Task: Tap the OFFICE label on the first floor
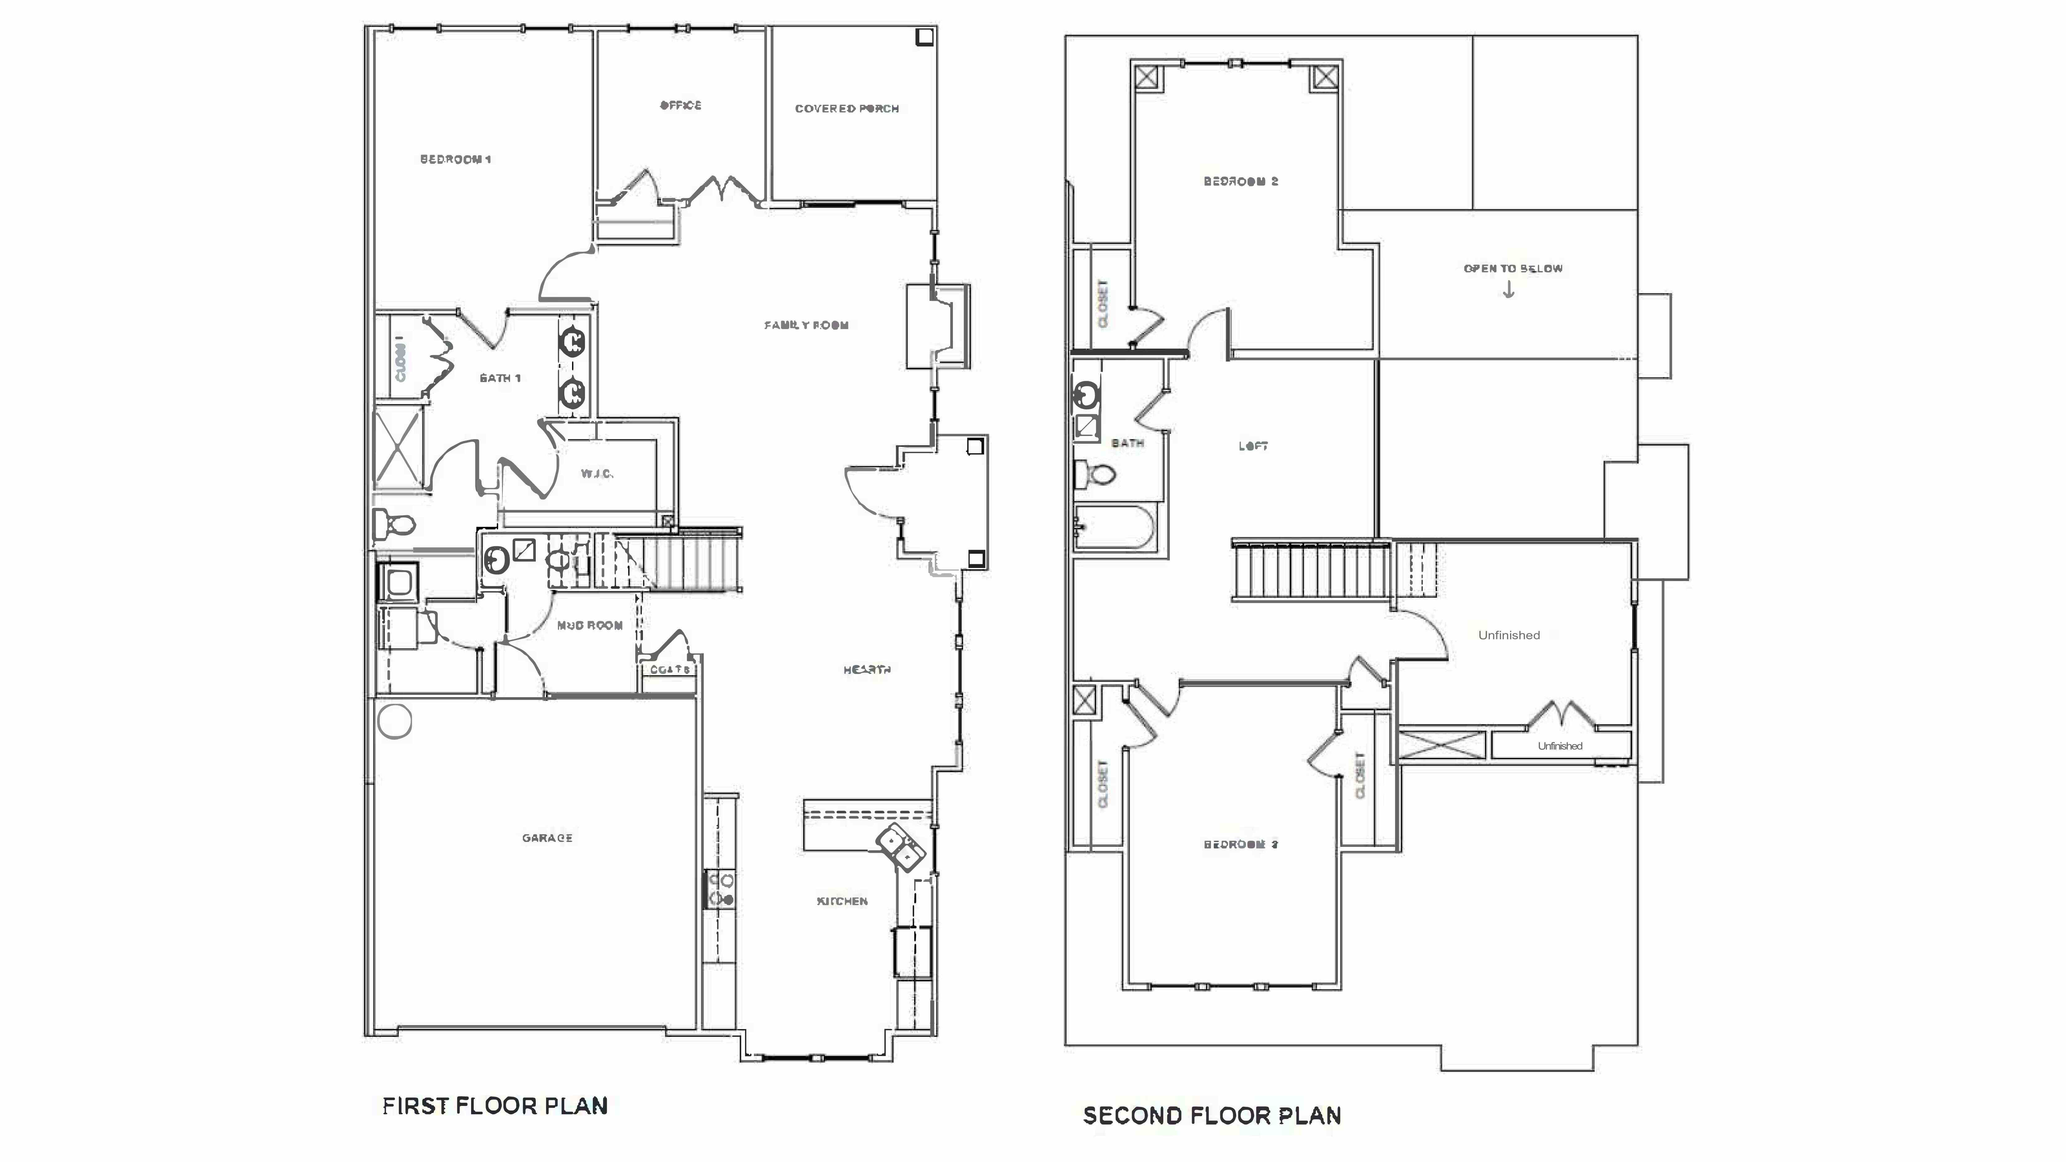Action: (680, 105)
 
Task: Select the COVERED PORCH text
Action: (847, 108)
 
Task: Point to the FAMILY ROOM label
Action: (806, 325)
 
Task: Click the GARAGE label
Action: (547, 838)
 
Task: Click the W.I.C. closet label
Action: (597, 474)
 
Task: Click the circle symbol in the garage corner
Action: (394, 721)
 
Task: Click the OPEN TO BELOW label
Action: (1513, 269)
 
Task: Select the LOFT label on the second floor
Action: (1253, 446)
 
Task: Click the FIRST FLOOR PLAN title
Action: (495, 1107)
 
